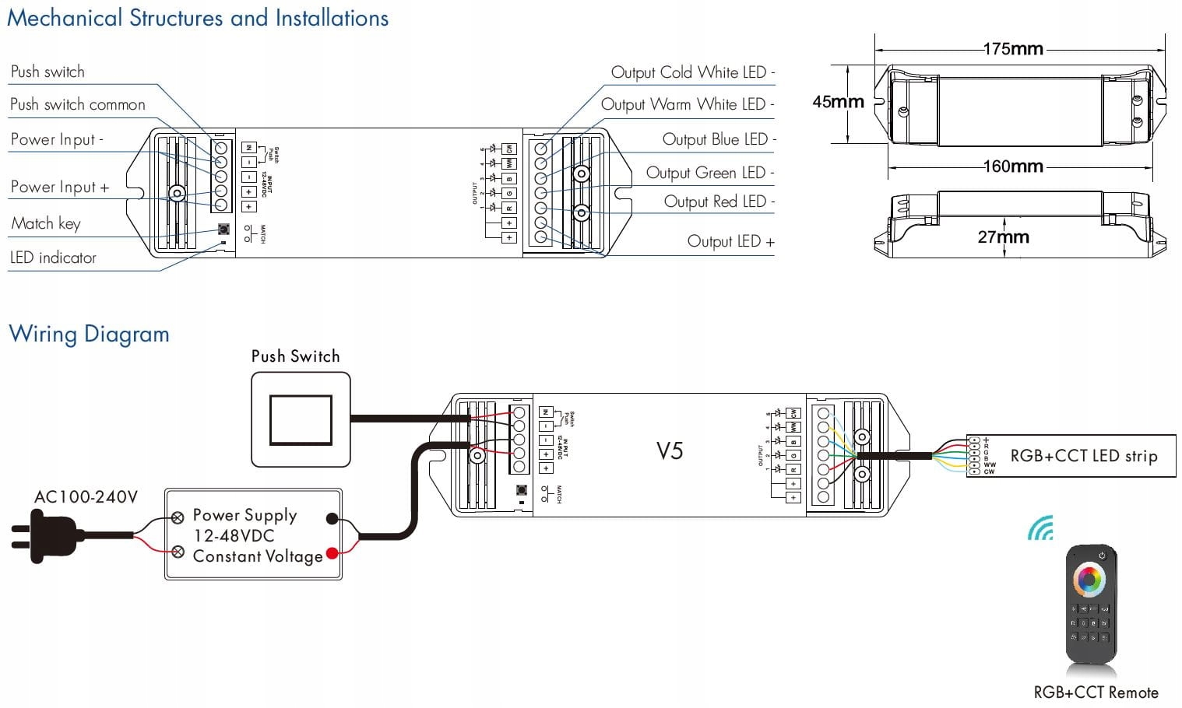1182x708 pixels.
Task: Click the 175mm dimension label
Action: pos(1012,49)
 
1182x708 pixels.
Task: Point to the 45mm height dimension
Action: pos(838,102)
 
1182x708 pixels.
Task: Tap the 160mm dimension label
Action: pos(1012,166)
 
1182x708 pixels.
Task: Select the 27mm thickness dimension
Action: pos(1003,237)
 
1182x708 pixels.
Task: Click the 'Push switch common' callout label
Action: pos(78,105)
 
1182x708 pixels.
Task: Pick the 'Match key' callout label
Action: pos(46,224)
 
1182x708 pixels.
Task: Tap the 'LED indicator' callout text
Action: pos(53,258)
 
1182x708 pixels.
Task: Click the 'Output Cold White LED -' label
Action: pos(692,73)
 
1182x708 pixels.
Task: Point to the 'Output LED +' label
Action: pos(730,242)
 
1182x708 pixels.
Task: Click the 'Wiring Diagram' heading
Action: pos(89,335)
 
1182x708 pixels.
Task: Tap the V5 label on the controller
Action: pos(670,451)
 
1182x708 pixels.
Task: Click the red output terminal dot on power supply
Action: pos(332,553)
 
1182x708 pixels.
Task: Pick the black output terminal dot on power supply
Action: pos(332,519)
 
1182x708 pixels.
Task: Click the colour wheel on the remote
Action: pos(1089,580)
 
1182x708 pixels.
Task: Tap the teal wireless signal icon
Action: pos(1041,529)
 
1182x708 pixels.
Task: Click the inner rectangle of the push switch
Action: pos(301,420)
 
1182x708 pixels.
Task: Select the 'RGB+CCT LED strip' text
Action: pos(1083,456)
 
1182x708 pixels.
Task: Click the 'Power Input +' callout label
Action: pos(60,188)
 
